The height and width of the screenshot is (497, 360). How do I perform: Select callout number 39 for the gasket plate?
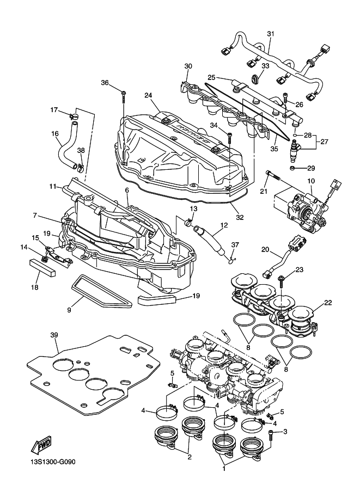coord(53,334)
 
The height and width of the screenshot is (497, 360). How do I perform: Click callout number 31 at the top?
coord(271,34)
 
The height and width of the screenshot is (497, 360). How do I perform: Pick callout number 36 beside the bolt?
coord(105,83)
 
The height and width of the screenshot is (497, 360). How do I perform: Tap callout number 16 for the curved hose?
coord(54,133)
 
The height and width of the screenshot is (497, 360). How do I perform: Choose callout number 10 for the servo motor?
coord(311,181)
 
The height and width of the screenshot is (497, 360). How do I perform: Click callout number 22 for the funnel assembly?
coord(328,303)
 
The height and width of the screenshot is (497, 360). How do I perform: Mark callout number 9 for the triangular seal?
coord(69,310)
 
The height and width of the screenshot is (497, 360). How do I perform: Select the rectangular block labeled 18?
coord(42,268)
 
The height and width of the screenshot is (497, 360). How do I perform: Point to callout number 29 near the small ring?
coord(311,168)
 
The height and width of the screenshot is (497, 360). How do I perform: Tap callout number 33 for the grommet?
coord(265,66)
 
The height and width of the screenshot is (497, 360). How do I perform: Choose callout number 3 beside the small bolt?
coord(284,432)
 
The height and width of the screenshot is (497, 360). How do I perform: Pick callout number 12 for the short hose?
coord(224,224)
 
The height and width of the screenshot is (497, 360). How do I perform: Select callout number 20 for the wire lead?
coord(265,250)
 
